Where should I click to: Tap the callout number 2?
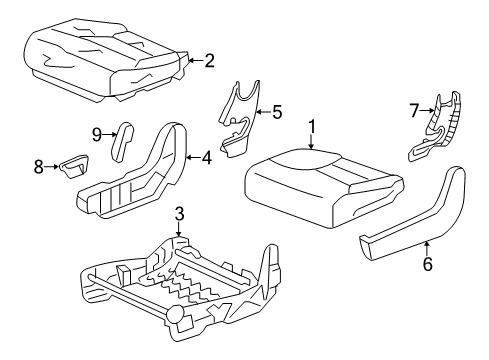coord(209,61)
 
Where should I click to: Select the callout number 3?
coord(178,213)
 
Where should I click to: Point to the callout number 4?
coord(206,157)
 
